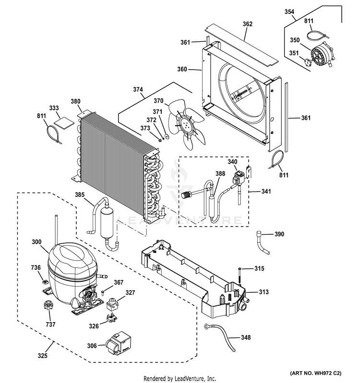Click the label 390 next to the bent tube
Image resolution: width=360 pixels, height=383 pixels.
pyautogui.click(x=279, y=234)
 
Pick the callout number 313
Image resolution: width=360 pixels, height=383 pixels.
pyautogui.click(x=264, y=292)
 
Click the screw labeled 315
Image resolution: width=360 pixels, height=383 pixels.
pyautogui.click(x=239, y=275)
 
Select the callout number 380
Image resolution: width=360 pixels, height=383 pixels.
pyautogui.click(x=76, y=101)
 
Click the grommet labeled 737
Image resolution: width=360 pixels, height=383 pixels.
pyautogui.click(x=48, y=306)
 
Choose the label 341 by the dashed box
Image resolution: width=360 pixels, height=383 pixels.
pyautogui.click(x=266, y=191)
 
